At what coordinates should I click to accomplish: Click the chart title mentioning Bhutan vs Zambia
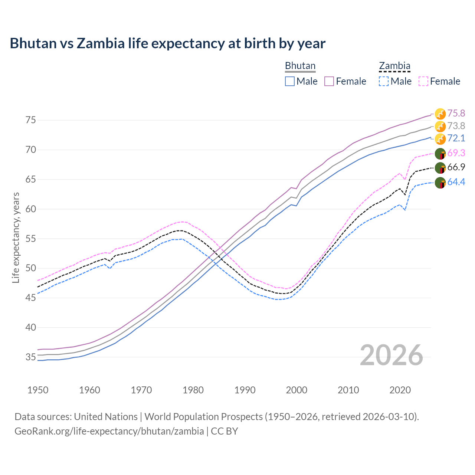click(167, 43)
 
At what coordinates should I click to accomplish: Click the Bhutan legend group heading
click(300, 66)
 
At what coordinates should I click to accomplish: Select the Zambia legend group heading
click(394, 66)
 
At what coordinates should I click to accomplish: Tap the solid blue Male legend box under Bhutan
click(290, 81)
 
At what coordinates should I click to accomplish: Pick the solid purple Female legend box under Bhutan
click(329, 81)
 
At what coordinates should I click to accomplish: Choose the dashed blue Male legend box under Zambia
click(384, 81)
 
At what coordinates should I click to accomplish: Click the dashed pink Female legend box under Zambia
click(423, 81)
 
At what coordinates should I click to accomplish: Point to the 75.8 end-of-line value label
click(456, 113)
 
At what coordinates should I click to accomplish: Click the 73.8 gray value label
click(456, 126)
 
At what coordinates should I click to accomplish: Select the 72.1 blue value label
click(456, 138)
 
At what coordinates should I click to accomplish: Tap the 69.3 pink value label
click(456, 153)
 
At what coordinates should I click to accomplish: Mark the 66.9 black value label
click(456, 167)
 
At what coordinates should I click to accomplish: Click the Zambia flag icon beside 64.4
click(440, 183)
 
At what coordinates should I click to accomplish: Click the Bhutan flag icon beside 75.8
click(440, 114)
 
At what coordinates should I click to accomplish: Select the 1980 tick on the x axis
click(193, 390)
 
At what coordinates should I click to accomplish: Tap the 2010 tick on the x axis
click(348, 390)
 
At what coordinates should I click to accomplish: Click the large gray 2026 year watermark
click(391, 355)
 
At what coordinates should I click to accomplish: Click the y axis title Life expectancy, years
click(16, 237)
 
